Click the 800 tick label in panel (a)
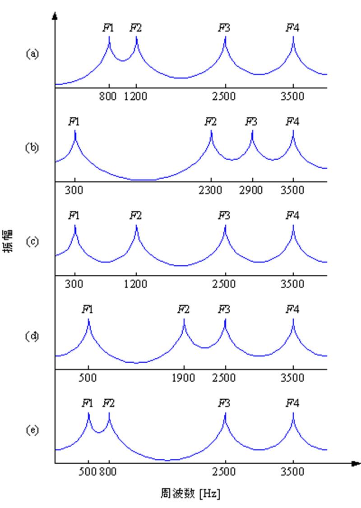point(108,96)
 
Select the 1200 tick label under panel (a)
point(136,96)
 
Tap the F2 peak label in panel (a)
point(136,28)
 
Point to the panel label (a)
point(32,54)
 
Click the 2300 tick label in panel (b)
point(211,190)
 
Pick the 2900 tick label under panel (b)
point(252,190)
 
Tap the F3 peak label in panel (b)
point(251,122)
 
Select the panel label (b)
point(32,148)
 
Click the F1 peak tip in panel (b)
point(75,131)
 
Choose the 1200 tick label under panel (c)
point(136,284)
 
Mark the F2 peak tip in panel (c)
point(136,226)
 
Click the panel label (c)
point(32,241)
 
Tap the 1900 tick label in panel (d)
point(184,378)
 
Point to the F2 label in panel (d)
point(183,309)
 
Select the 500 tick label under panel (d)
point(88,378)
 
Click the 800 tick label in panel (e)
point(108,472)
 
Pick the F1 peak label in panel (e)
point(88,403)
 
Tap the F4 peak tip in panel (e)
point(293,413)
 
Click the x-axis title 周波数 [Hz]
point(190,493)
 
